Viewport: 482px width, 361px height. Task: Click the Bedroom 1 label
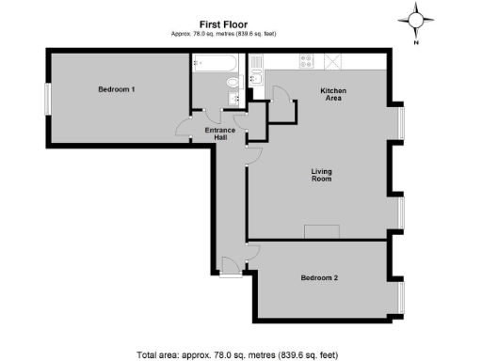pyautogui.click(x=117, y=89)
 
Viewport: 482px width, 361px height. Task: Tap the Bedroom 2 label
pyautogui.click(x=318, y=277)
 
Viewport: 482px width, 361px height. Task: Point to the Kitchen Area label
pyautogui.click(x=333, y=94)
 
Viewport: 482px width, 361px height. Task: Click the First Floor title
pyautogui.click(x=223, y=24)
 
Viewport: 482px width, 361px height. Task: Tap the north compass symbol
pyautogui.click(x=417, y=20)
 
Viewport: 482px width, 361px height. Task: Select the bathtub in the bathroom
pyautogui.click(x=212, y=64)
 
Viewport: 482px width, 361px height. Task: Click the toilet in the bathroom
pyautogui.click(x=234, y=84)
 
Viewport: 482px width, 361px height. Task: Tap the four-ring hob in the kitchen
pyautogui.click(x=306, y=62)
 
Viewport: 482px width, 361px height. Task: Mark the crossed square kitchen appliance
pyautogui.click(x=332, y=62)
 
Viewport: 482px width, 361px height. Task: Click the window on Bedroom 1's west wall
pyautogui.click(x=46, y=99)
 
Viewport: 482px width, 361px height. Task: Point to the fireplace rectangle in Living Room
pyautogui.click(x=322, y=232)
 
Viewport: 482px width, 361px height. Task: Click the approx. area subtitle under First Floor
pyautogui.click(x=223, y=35)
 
